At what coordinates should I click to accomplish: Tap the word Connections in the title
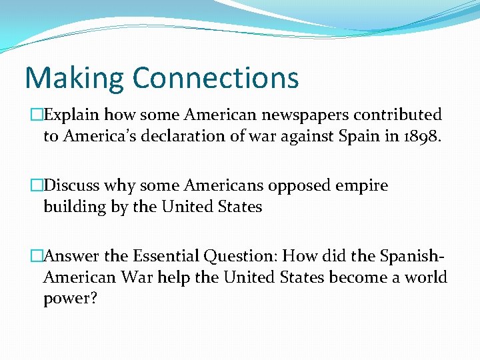(215, 77)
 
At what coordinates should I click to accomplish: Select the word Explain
(73, 115)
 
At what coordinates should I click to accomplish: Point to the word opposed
(294, 186)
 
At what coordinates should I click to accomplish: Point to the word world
(425, 277)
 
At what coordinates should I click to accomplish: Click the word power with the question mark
(71, 298)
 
